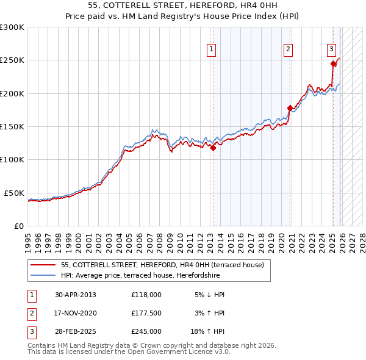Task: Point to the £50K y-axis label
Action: click(14, 193)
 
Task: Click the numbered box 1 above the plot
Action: click(211, 49)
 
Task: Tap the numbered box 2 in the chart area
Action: click(287, 49)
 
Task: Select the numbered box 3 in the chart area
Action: click(331, 49)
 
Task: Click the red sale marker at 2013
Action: click(213, 148)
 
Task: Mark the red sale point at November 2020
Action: click(290, 108)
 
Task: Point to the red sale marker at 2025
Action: click(333, 63)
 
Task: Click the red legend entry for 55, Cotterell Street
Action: click(162, 265)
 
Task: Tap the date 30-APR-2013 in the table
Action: click(76, 295)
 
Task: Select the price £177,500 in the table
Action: click(146, 313)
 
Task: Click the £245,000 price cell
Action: click(146, 331)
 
